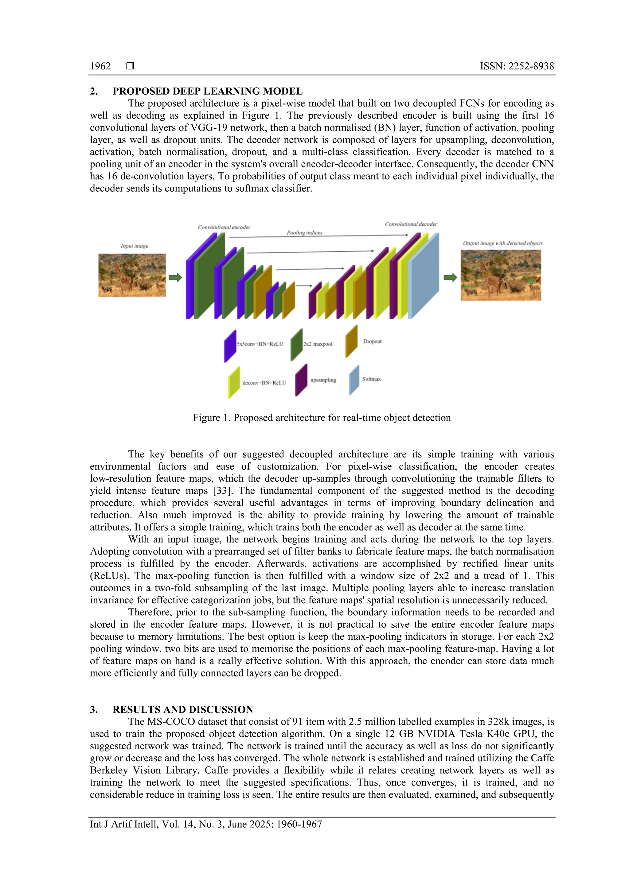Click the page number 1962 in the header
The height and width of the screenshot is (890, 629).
click(x=100, y=66)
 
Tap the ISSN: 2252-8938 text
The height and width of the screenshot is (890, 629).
click(x=517, y=66)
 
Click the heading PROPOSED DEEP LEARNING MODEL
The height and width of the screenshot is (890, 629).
click(x=207, y=91)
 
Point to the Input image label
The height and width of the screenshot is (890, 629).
click(x=134, y=246)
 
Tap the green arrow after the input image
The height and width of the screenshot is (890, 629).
click(x=175, y=277)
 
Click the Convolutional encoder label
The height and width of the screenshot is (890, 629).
click(x=224, y=227)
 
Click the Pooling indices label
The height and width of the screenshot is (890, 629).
click(x=304, y=233)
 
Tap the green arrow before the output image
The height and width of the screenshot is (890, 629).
click(x=450, y=277)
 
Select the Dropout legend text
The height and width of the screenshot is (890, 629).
click(x=372, y=342)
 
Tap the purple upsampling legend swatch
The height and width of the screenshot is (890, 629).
click(x=301, y=380)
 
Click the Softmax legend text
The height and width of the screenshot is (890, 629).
click(x=371, y=379)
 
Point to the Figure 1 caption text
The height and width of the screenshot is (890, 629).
click(x=322, y=418)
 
